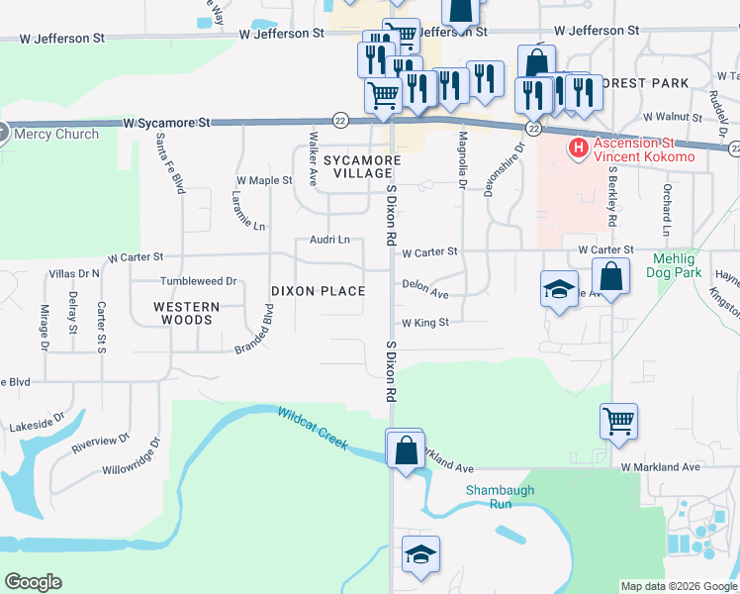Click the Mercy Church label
coord(55,134)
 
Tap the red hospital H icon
coord(578,148)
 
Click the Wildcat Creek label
coord(313,429)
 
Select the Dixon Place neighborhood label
coord(319,291)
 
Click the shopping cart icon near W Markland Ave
coord(618,422)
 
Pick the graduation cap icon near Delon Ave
coord(559,289)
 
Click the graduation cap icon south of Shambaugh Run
coord(420,553)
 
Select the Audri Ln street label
coord(330,240)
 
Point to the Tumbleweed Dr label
coord(200,281)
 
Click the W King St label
coord(425,323)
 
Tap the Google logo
coord(33,582)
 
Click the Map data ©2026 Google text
coord(678,586)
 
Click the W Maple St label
coord(264,181)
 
